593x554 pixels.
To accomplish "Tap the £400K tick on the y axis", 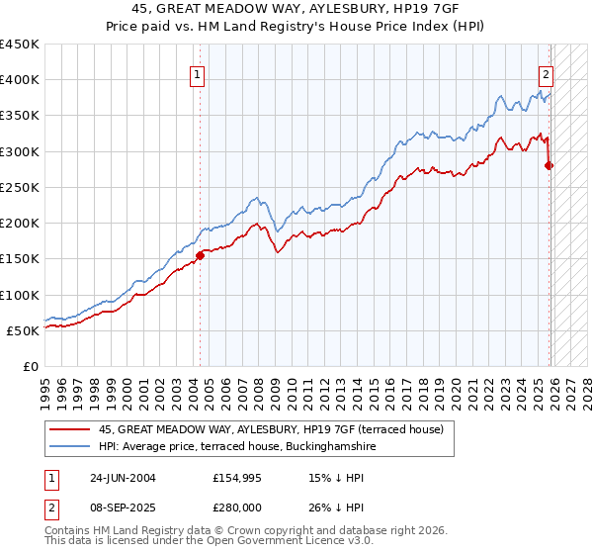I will point(20,80).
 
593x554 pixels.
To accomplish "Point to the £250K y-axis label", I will point(20,187).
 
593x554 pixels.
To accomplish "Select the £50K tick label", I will point(24,330).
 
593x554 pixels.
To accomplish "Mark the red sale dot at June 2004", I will point(200,255).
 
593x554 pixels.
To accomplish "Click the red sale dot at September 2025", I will point(550,166).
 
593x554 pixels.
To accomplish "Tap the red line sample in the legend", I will point(70,429).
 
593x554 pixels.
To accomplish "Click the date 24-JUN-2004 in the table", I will point(123,477).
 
